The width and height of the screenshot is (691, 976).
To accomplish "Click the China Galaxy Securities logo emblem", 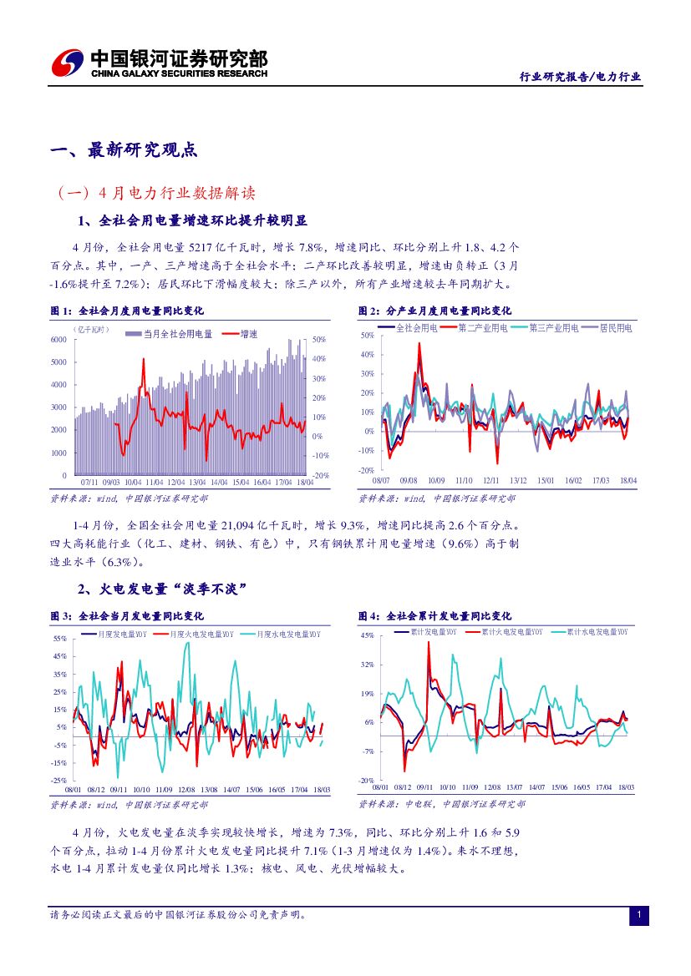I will [68, 63].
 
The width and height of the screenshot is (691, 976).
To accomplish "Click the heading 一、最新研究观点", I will [124, 150].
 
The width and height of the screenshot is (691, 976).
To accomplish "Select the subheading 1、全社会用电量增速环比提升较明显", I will [192, 220].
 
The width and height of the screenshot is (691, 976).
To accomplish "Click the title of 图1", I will [127, 311].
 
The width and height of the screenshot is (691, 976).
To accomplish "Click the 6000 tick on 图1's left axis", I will [58, 340].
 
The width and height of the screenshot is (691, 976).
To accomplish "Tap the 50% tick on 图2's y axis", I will [368, 336].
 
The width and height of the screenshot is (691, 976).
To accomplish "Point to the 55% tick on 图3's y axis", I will [59, 639].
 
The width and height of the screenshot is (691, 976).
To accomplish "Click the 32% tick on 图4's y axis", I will [368, 665].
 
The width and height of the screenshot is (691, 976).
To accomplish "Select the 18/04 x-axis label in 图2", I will [628, 481].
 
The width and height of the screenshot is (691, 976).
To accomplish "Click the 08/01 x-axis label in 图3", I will [73, 789].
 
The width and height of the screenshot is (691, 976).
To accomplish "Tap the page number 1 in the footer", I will [638, 916].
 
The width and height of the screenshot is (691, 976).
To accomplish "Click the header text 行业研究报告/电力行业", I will [581, 76].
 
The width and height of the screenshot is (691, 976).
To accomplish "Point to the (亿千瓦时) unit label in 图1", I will [90, 330].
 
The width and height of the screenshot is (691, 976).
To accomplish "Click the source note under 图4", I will [442, 804].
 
